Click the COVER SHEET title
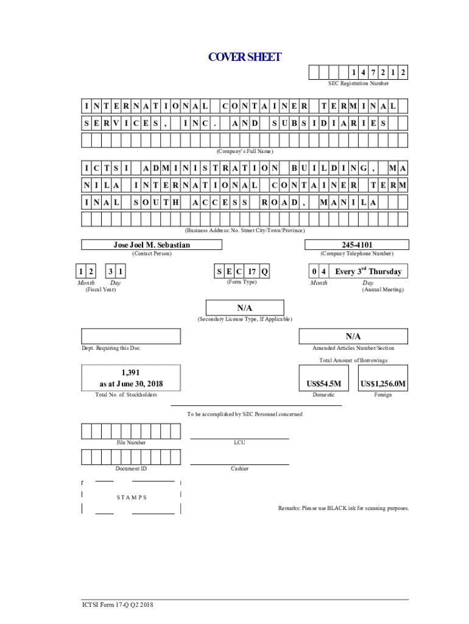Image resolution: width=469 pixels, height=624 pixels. click(245, 57)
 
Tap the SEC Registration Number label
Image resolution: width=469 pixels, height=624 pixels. click(358, 83)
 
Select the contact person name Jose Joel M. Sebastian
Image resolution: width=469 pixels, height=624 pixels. click(152, 245)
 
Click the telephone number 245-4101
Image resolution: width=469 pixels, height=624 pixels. click(356, 245)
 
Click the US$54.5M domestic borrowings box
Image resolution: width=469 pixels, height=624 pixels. click(323, 384)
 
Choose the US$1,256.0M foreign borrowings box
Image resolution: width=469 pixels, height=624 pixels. click(383, 384)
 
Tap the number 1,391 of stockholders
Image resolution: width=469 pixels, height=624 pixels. click(131, 372)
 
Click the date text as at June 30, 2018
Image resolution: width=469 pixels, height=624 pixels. click(131, 384)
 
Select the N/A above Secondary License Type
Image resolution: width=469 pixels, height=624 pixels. click(245, 308)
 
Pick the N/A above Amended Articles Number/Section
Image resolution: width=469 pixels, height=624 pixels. click(353, 336)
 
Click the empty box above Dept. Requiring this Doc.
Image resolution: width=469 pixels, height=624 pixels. click(131, 336)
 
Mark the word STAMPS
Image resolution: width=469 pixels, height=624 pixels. click(131, 497)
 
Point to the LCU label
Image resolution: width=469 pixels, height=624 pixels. click(239, 442)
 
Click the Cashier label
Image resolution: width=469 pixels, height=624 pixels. click(239, 469)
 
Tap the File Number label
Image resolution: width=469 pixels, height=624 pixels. click(131, 442)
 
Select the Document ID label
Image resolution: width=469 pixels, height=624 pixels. click(131, 469)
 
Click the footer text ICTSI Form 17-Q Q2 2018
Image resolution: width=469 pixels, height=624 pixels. click(119, 605)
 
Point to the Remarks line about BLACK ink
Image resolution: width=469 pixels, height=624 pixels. click(344, 508)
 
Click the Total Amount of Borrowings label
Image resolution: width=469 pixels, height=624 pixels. click(353, 360)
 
